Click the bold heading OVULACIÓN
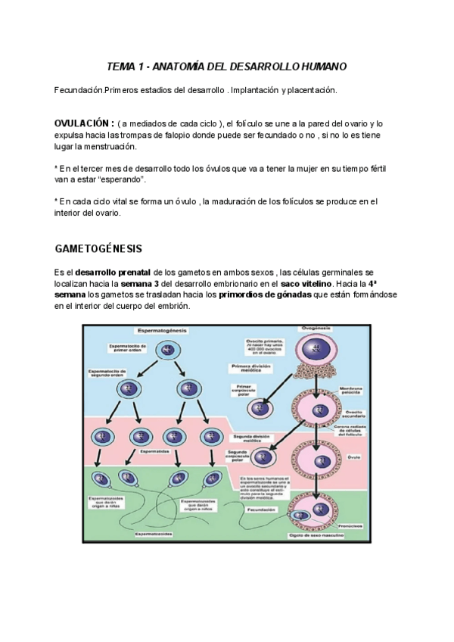[x=84, y=123]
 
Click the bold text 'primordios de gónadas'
[x=265, y=295]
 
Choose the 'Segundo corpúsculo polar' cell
[x=264, y=458]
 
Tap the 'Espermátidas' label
[x=155, y=450]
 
